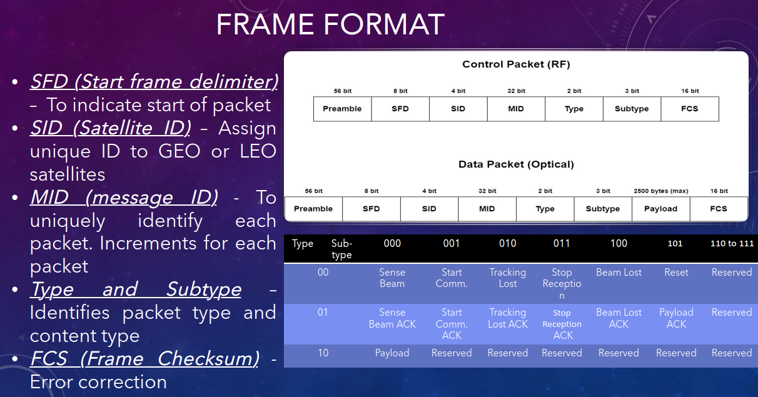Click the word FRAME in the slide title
click(x=265, y=24)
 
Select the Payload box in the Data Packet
click(x=661, y=209)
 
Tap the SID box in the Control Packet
click(x=458, y=109)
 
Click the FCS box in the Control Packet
click(x=690, y=109)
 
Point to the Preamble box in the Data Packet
click(x=313, y=209)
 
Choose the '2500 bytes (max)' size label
click(x=661, y=191)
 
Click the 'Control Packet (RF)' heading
click(x=516, y=64)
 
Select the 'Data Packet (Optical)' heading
click(x=516, y=164)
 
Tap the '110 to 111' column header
click(x=732, y=243)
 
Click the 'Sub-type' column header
click(x=341, y=249)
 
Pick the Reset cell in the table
click(x=676, y=272)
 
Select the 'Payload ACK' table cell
click(x=676, y=318)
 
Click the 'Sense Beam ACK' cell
click(x=392, y=318)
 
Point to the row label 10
click(x=323, y=353)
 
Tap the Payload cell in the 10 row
click(x=392, y=353)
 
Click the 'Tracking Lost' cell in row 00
click(x=508, y=278)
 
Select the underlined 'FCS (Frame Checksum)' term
click(x=145, y=358)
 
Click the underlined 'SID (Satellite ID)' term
click(x=111, y=128)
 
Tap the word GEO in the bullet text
click(x=179, y=151)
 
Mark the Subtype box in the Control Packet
click(x=632, y=109)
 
